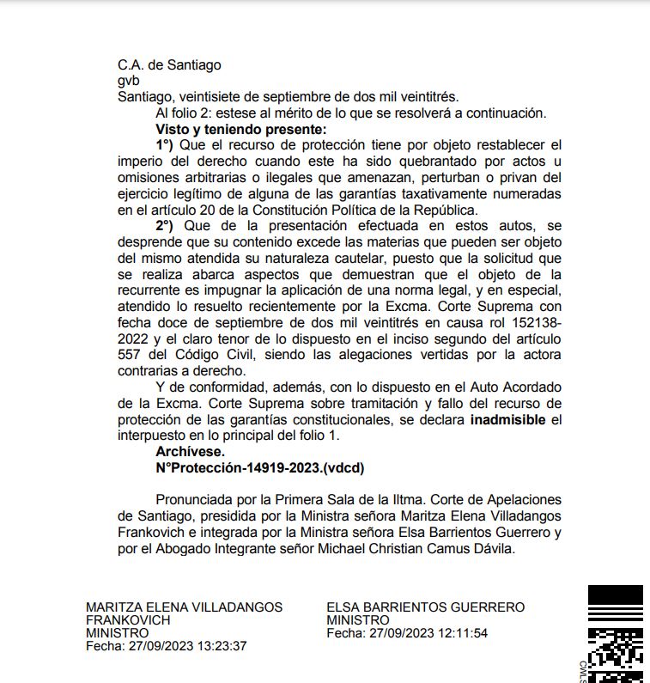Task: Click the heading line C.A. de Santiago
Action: (x=169, y=64)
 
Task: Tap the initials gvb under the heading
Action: (x=128, y=81)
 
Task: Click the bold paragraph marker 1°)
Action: (x=164, y=144)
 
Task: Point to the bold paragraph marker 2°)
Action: (x=164, y=226)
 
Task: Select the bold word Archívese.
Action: (x=190, y=451)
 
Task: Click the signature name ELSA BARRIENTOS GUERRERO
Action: (x=425, y=607)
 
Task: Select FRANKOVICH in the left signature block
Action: (x=128, y=620)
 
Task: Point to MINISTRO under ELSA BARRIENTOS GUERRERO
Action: (x=358, y=620)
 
